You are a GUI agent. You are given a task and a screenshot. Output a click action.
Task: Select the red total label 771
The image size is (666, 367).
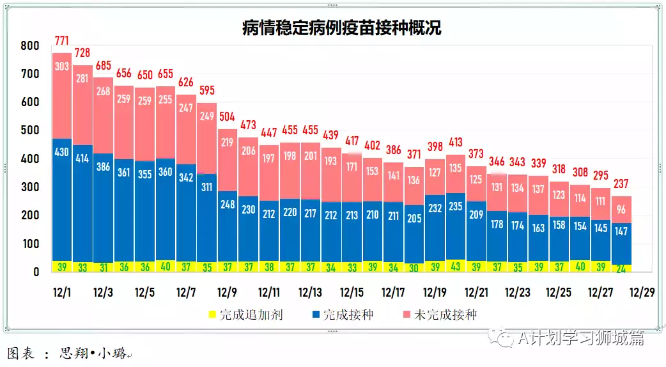click(x=62, y=41)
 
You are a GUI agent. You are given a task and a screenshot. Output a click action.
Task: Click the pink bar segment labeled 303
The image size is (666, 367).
click(x=62, y=66)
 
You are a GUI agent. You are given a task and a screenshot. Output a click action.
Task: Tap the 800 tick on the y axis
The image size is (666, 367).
click(x=30, y=46)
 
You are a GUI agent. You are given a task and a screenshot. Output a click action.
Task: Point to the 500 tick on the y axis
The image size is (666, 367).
click(x=30, y=130)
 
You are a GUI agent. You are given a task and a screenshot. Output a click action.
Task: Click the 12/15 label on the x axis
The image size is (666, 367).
click(x=352, y=293)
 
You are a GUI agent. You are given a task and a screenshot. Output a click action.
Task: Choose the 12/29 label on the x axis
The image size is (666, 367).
click(x=641, y=293)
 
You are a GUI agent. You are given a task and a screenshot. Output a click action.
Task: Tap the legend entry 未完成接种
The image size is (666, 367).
click(x=445, y=315)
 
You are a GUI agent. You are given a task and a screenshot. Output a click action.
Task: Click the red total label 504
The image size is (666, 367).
click(x=228, y=116)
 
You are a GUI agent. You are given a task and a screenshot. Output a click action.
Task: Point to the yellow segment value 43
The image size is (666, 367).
click(x=456, y=267)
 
